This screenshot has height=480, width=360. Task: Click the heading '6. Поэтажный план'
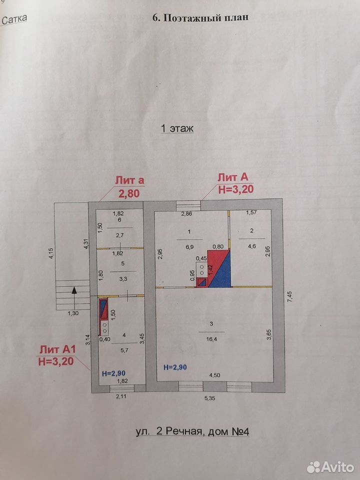tap(200, 18)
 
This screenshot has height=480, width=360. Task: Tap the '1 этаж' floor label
tap(177, 128)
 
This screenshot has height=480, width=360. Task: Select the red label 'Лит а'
tap(129, 180)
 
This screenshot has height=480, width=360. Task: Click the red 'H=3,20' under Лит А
tap(236, 189)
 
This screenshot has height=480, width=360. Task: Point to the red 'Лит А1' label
tap(57, 349)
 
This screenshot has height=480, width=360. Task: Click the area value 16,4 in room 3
tap(211, 339)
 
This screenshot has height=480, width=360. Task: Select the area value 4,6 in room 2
tap(251, 246)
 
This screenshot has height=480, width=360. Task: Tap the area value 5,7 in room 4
tap(124, 350)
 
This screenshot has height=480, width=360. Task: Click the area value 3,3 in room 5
tap(123, 278)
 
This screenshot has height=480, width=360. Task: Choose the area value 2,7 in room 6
tap(119, 235)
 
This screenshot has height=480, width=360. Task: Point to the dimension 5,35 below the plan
tap(209, 398)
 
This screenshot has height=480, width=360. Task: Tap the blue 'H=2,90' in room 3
tap(175, 367)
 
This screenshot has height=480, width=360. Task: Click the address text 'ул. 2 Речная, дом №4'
tap(192, 431)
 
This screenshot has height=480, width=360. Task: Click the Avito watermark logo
tap(330, 467)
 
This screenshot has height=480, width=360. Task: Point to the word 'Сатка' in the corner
tap(14, 19)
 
